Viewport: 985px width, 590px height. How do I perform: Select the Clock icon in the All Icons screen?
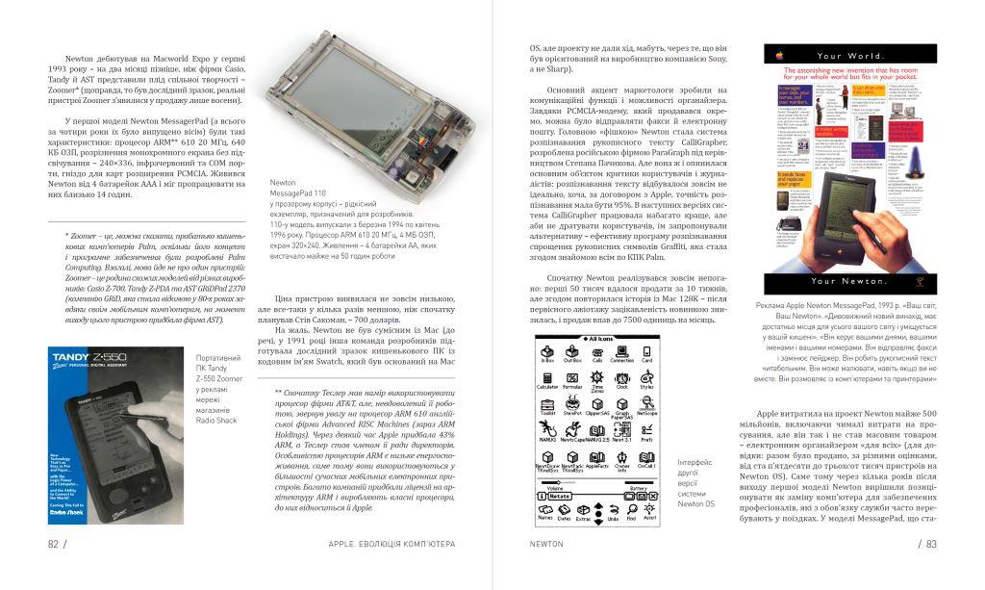[622, 382]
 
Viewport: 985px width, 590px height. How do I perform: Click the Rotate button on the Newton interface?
[559, 496]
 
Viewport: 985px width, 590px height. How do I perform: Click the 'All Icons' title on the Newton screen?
[601, 339]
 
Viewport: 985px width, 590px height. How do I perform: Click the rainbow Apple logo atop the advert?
[777, 55]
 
